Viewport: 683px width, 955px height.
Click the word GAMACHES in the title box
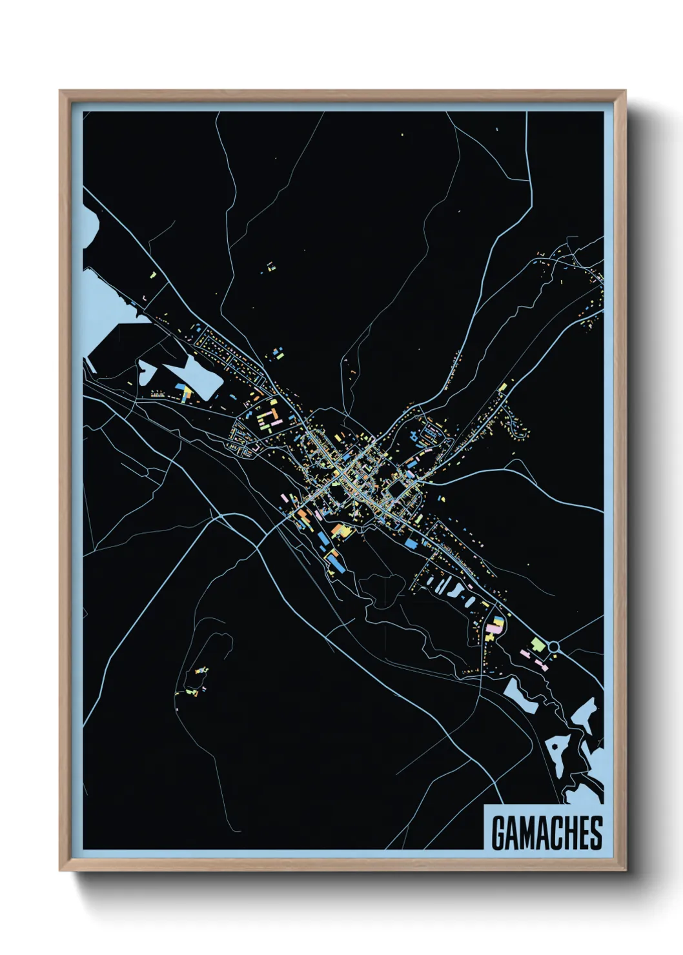pyautogui.click(x=546, y=832)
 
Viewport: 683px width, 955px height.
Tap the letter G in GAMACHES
pyautogui.click(x=498, y=833)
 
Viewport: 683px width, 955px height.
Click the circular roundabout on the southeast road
pyautogui.click(x=553, y=646)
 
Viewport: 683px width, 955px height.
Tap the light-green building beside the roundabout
pyautogui.click(x=537, y=644)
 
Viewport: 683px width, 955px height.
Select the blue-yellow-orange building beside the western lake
pyautogui.click(x=186, y=391)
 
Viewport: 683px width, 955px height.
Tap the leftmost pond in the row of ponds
pyautogui.click(x=431, y=582)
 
